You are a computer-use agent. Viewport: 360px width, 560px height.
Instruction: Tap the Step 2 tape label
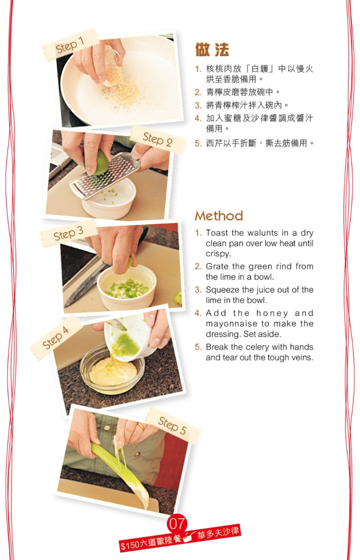157,139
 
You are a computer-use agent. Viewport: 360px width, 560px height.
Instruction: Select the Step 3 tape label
68,233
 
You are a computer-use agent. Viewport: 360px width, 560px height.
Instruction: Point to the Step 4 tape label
56,337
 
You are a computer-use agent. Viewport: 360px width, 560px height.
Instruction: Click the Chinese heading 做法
212,49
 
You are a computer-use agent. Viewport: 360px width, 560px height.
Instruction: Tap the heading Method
219,216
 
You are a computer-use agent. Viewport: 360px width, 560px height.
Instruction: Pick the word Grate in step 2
216,266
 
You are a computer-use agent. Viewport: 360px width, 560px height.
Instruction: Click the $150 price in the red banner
130,546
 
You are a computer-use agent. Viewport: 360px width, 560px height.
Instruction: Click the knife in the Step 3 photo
85,283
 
